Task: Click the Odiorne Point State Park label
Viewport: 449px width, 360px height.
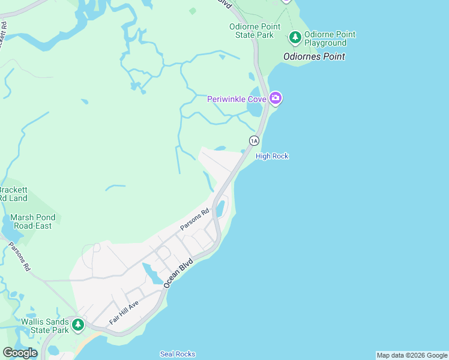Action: click(252, 31)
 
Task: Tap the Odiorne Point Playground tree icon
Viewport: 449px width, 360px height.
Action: click(295, 38)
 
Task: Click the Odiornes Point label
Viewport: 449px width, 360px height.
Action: click(315, 57)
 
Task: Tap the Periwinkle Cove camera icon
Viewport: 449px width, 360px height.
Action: click(276, 98)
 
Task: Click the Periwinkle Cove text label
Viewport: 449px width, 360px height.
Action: click(237, 99)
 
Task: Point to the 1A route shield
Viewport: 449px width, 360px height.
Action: click(254, 140)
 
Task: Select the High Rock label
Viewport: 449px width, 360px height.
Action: click(272, 156)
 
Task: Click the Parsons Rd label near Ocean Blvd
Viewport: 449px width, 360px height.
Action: click(194, 220)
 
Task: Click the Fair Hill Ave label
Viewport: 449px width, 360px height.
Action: click(124, 313)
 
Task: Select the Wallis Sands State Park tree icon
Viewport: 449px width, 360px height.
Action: click(77, 325)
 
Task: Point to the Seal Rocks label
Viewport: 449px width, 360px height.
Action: click(178, 354)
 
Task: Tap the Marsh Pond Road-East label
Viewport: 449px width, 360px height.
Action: click(33, 221)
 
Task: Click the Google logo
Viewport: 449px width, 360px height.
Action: click(20, 353)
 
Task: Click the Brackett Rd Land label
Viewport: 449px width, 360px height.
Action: click(13, 194)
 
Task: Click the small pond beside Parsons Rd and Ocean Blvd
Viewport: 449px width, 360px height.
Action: click(220, 208)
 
